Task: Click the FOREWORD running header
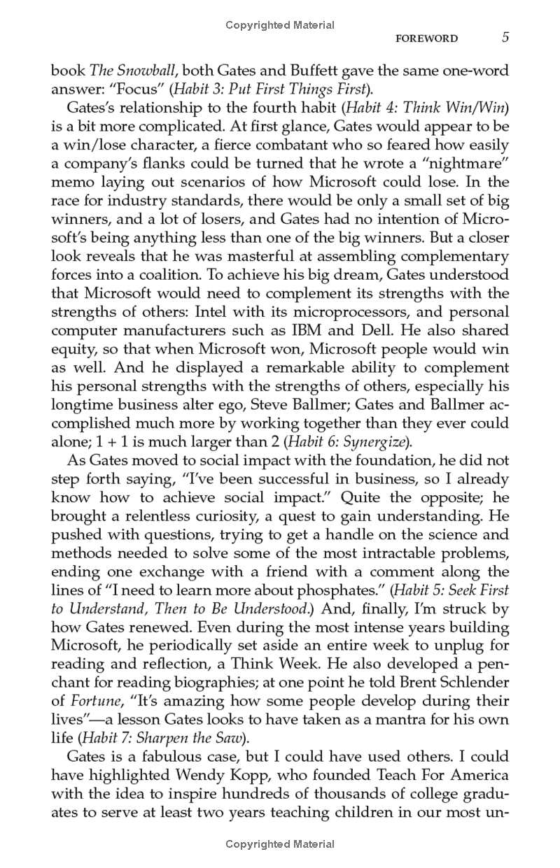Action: point(426,39)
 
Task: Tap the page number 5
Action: point(505,38)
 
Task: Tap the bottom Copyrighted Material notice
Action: point(280,844)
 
